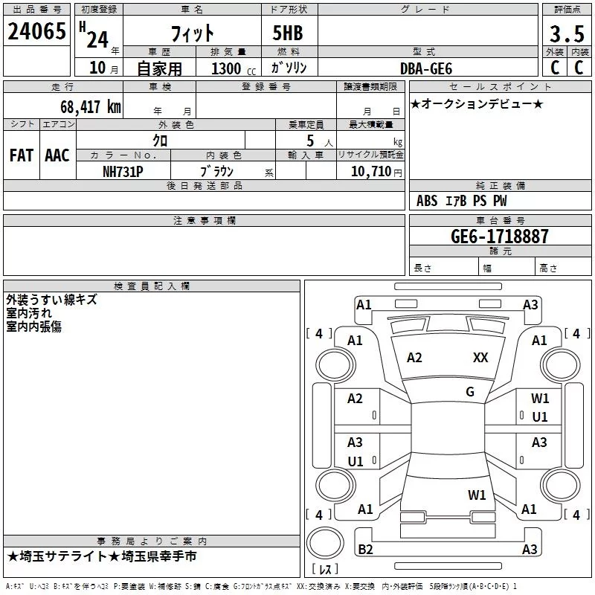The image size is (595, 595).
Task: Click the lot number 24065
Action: click(36, 31)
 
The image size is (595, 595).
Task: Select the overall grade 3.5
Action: click(567, 33)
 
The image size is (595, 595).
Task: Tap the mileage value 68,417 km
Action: click(91, 106)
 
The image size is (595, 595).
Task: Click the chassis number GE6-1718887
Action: click(500, 236)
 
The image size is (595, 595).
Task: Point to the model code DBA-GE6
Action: click(426, 68)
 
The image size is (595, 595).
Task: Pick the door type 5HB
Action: click(288, 33)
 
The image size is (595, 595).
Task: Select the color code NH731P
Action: click(123, 172)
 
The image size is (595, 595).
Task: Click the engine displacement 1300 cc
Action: click(234, 68)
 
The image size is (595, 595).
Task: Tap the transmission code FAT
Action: click(22, 155)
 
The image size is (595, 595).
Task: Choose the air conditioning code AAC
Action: click(57, 155)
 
